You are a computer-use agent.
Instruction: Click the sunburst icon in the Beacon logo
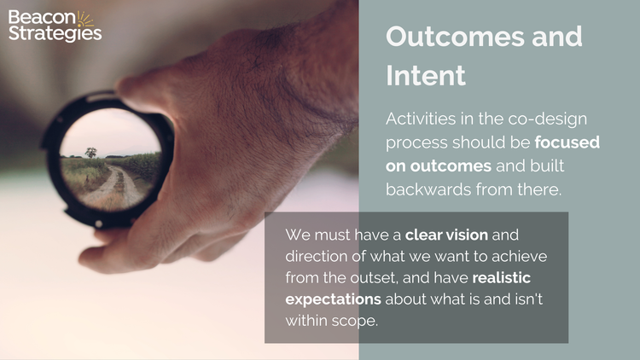tap(85, 19)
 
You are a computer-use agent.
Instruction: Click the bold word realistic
tap(512, 277)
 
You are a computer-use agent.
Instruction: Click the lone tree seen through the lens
tap(90, 153)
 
